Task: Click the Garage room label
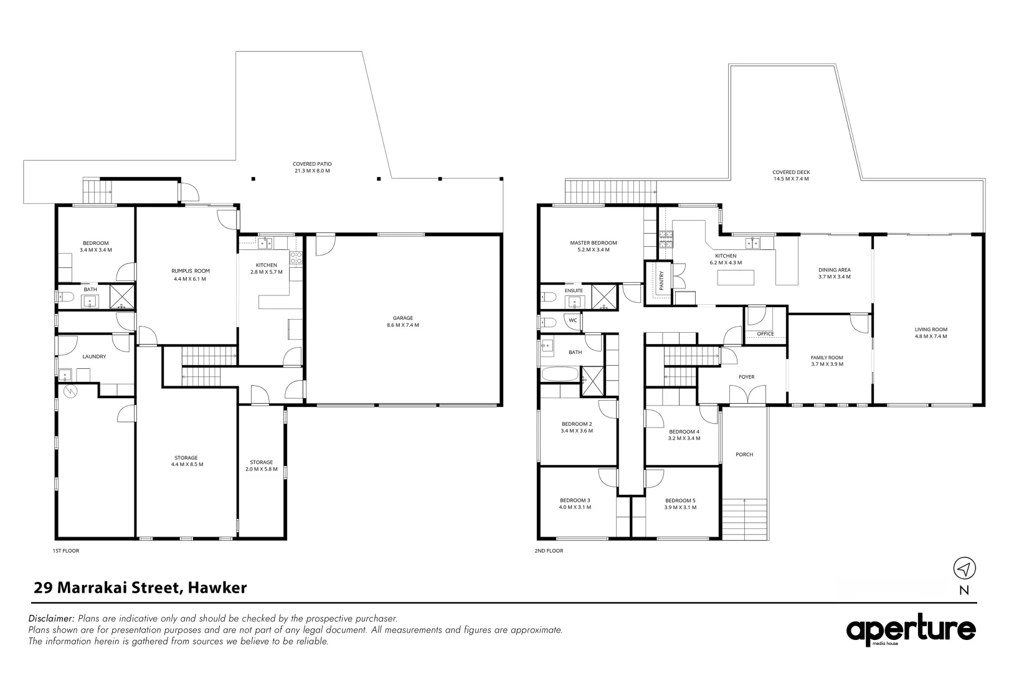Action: click(403, 318)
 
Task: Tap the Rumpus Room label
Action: click(191, 271)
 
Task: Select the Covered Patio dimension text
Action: click(312, 171)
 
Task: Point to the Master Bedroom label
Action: click(593, 242)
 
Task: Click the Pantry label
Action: click(661, 280)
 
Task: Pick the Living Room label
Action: click(931, 329)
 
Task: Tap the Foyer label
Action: click(746, 377)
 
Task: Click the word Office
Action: click(765, 334)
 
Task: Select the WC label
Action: click(573, 320)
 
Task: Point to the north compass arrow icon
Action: click(964, 568)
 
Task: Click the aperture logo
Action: click(911, 630)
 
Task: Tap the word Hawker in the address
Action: click(217, 588)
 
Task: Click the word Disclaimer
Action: click(51, 618)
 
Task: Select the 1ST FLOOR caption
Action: click(66, 550)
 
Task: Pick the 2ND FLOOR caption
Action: click(549, 550)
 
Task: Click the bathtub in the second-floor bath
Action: click(560, 374)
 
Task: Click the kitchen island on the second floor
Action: click(736, 277)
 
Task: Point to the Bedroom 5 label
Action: click(680, 500)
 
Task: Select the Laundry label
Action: click(94, 356)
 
